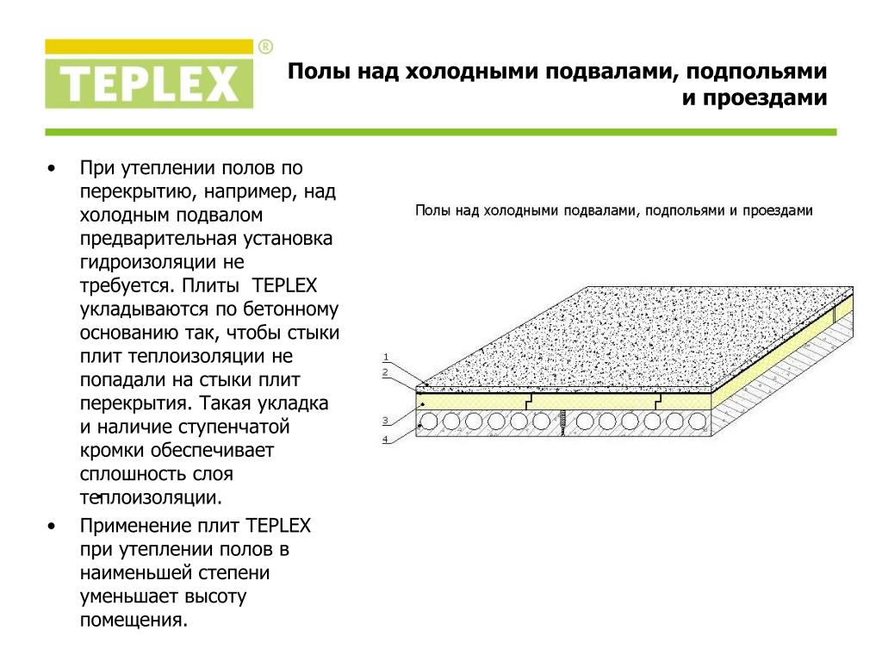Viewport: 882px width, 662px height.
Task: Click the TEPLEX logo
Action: click(149, 74)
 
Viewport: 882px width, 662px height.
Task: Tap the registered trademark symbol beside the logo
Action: click(265, 47)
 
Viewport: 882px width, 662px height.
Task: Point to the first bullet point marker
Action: click(52, 168)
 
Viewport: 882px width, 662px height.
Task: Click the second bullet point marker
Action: click(52, 527)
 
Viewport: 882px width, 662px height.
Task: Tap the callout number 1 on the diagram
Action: click(386, 357)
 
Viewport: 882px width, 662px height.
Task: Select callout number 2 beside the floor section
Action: click(385, 372)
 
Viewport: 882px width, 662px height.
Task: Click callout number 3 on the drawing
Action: click(385, 421)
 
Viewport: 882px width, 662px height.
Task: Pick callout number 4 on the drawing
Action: click(385, 439)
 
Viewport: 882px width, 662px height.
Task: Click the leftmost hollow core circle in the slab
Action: click(430, 422)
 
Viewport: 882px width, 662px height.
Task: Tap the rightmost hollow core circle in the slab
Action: click(698, 422)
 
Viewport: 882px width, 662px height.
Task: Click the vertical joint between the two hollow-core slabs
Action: click(562, 422)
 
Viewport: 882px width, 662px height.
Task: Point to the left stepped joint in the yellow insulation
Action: click(529, 401)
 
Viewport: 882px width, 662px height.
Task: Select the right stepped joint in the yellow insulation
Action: click(657, 401)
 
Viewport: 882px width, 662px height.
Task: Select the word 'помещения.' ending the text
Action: click(134, 621)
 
